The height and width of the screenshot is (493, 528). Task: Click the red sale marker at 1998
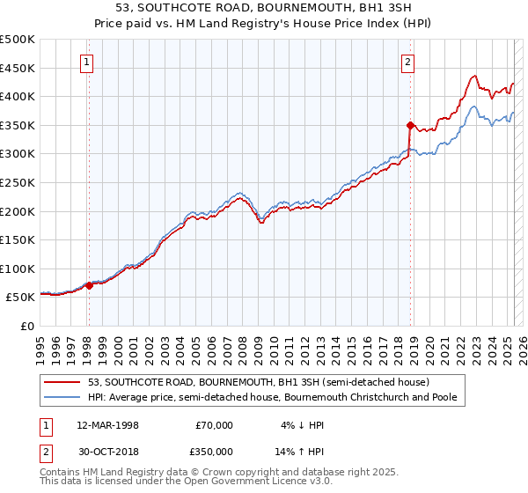(x=89, y=285)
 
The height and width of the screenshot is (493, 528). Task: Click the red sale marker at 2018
(x=410, y=125)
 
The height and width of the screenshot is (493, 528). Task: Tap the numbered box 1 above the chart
(x=89, y=62)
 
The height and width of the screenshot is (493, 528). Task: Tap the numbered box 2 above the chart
(x=409, y=62)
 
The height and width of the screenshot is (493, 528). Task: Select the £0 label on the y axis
(x=26, y=326)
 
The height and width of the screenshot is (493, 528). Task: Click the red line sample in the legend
(x=63, y=382)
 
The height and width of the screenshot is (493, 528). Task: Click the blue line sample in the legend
(x=63, y=397)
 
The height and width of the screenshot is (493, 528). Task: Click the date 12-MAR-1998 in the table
(x=107, y=425)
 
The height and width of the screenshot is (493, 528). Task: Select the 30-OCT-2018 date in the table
(x=107, y=450)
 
